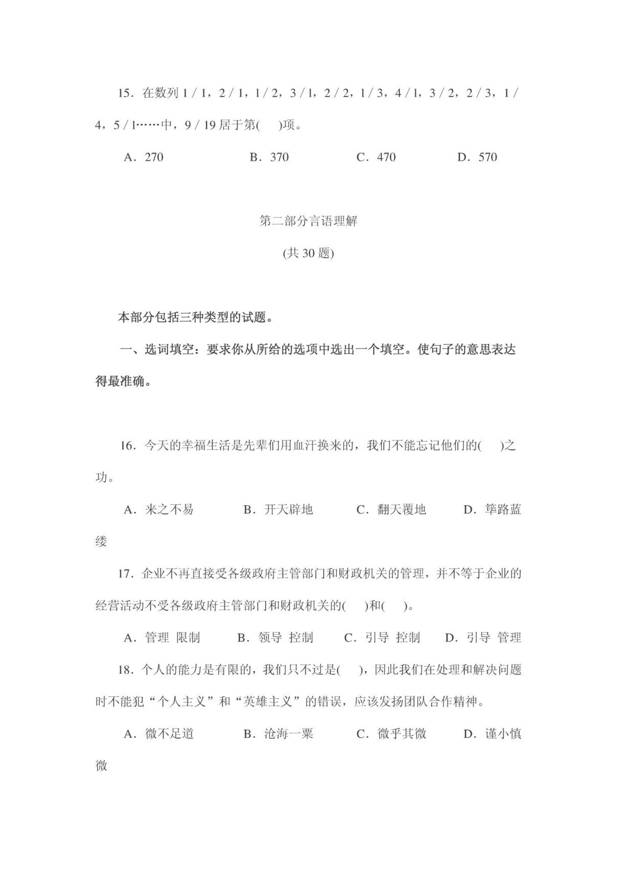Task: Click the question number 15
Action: point(125,94)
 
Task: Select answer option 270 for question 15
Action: point(154,157)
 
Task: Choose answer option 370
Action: point(279,157)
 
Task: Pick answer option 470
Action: point(386,157)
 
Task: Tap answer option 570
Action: point(487,157)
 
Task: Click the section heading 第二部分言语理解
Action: point(308,221)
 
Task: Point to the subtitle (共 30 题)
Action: point(308,253)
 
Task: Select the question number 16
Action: point(127,446)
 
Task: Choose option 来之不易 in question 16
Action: point(169,510)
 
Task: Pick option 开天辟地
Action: point(288,510)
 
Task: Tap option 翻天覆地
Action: point(401,510)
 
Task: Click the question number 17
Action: point(125,574)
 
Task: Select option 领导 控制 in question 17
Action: point(285,638)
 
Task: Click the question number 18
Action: point(125,670)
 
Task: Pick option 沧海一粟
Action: point(288,734)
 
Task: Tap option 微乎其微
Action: point(401,734)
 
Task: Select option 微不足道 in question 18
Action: point(169,734)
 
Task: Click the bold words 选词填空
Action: point(169,350)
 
